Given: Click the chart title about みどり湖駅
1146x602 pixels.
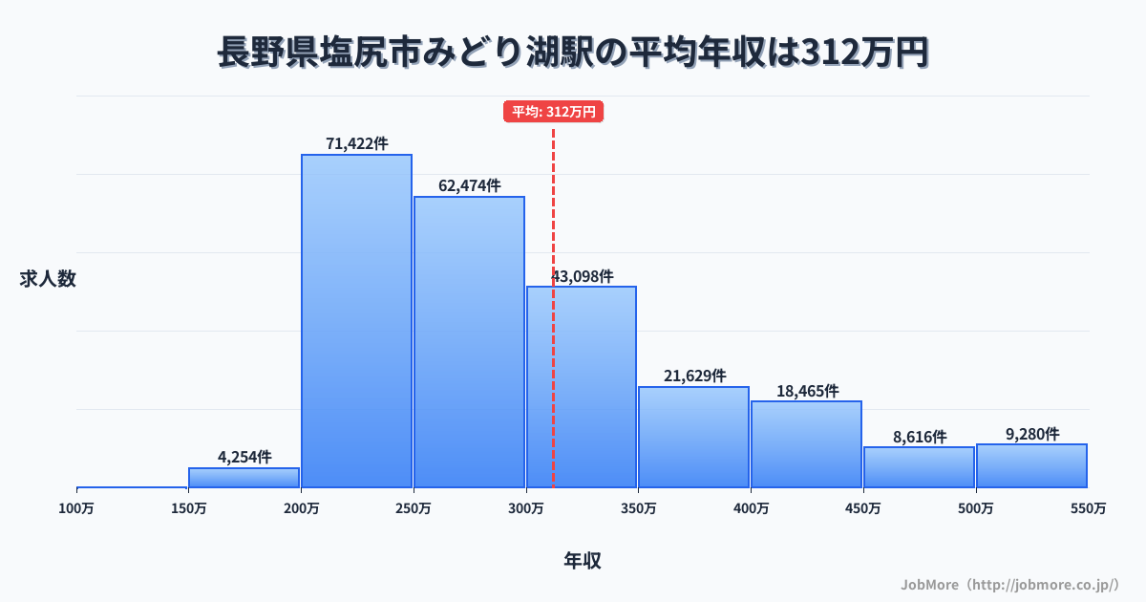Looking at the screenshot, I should tap(573, 53).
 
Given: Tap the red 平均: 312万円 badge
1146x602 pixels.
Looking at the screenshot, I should tap(554, 112).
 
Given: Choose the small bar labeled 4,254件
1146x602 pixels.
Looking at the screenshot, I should tap(244, 477).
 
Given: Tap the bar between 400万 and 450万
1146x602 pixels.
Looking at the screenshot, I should tap(806, 444).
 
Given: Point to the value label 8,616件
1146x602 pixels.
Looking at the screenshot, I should tap(919, 437).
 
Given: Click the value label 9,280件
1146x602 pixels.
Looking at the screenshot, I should tap(1031, 434).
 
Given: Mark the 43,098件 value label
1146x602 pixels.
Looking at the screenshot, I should tap(582, 276).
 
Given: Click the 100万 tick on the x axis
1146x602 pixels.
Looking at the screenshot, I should tap(77, 508).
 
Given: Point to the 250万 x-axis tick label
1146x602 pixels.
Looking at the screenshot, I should tap(414, 508).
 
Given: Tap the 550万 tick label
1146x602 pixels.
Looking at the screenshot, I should tap(1088, 508).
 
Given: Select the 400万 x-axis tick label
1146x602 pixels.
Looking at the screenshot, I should tap(751, 508).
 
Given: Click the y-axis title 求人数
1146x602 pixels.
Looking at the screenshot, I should tap(47, 279).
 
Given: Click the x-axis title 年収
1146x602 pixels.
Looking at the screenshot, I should tap(582, 561).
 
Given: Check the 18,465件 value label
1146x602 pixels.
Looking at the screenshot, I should tap(806, 391).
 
